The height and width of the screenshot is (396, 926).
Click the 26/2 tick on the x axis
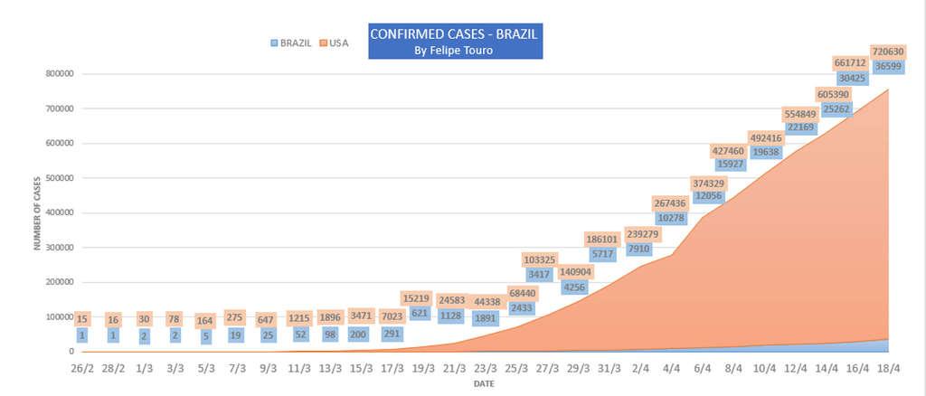click(x=82, y=369)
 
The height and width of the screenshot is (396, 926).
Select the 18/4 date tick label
click(x=889, y=369)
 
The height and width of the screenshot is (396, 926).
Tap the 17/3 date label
click(x=392, y=369)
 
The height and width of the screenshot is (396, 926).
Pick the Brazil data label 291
click(x=392, y=334)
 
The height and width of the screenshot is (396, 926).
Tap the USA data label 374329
click(x=710, y=184)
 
